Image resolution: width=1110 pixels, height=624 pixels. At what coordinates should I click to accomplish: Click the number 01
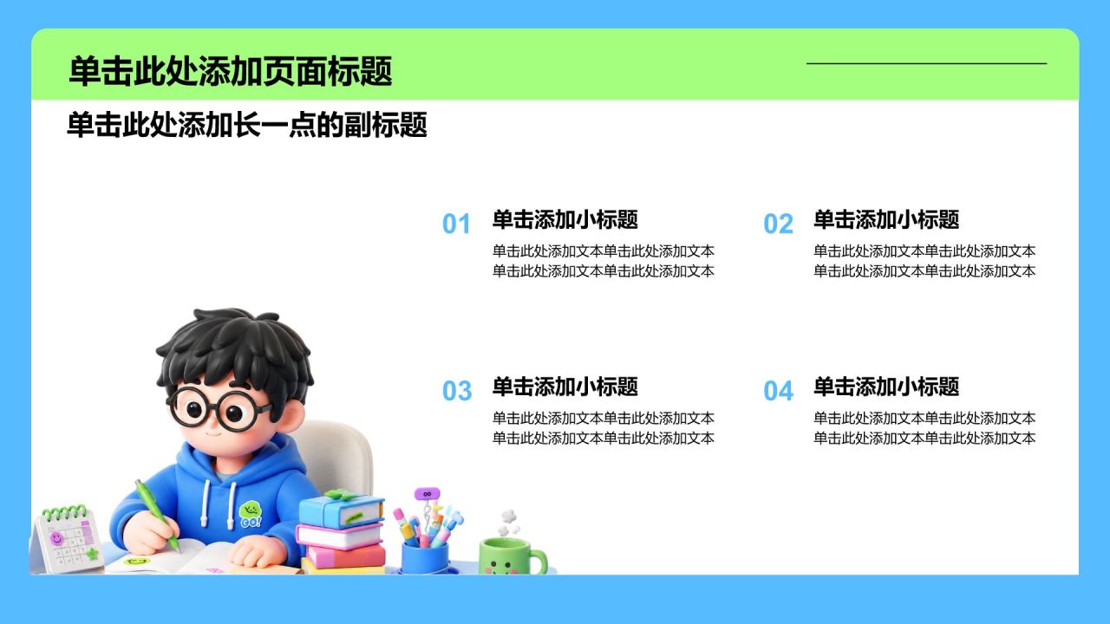[x=456, y=224]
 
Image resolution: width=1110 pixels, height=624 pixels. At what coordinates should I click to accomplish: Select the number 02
[x=778, y=224]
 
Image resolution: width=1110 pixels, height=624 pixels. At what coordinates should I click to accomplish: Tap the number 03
[x=457, y=391]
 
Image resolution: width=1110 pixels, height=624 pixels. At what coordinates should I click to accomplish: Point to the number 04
[x=779, y=391]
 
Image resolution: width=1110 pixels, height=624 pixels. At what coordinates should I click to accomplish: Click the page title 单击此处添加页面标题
[x=231, y=71]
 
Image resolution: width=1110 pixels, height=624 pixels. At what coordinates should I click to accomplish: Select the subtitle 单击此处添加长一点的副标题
[x=247, y=125]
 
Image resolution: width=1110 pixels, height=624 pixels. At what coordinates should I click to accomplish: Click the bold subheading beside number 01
[x=565, y=219]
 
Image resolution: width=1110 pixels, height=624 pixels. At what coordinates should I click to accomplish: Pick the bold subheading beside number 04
[x=886, y=387]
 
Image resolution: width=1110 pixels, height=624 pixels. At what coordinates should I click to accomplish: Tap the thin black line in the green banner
[x=927, y=63]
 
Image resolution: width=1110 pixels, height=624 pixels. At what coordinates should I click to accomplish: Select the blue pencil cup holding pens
[x=425, y=557]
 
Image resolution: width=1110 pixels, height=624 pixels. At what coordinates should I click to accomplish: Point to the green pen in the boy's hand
[x=157, y=515]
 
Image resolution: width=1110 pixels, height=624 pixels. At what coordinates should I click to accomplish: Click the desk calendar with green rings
[x=67, y=540]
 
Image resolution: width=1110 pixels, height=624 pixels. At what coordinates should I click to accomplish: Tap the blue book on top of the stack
[x=342, y=510]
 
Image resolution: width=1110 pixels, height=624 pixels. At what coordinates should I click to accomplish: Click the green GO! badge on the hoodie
[x=251, y=515]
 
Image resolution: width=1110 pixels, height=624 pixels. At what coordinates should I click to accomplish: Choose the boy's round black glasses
[x=218, y=408]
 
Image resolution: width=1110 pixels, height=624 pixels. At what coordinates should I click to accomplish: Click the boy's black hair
[x=233, y=352]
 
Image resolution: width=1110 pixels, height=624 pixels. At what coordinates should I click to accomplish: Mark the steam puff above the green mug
[x=508, y=523]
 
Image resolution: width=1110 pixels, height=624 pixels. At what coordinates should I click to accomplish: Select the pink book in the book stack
[x=346, y=556]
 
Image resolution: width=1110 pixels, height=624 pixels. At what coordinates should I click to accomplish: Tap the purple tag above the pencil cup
[x=428, y=494]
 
